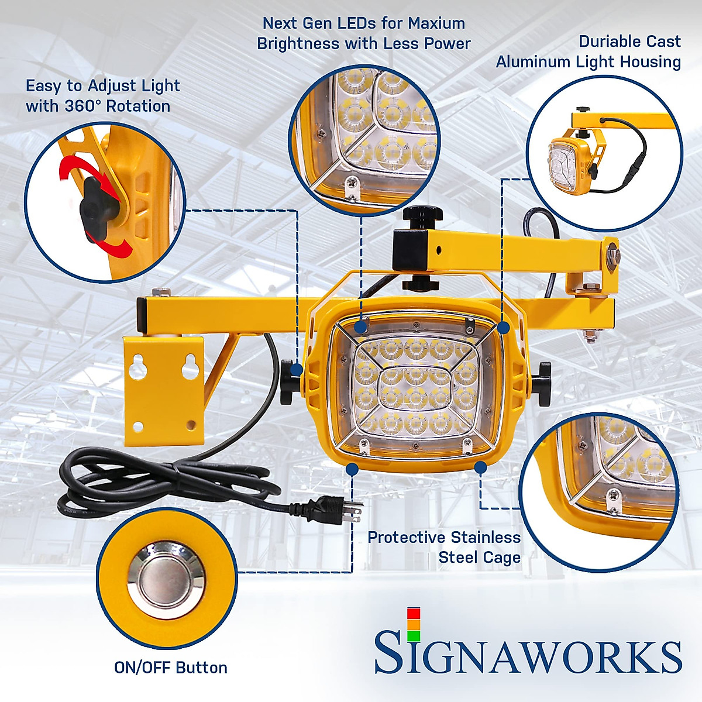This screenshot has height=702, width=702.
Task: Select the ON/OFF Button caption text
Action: click(x=171, y=668)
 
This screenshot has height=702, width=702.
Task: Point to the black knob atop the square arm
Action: click(x=419, y=218)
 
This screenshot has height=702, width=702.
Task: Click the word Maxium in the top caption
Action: click(x=436, y=23)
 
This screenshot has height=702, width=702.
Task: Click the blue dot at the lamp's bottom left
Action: click(x=352, y=469)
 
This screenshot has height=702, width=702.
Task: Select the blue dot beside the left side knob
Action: click(x=297, y=370)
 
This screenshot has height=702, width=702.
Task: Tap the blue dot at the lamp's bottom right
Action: click(x=480, y=467)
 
